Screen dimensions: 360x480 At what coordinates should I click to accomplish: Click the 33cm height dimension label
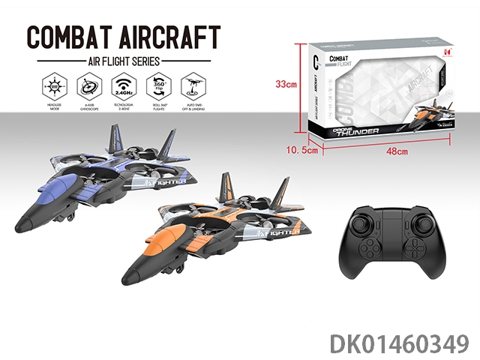click(x=286, y=85)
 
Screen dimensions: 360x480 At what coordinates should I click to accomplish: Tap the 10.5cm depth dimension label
click(x=304, y=151)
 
